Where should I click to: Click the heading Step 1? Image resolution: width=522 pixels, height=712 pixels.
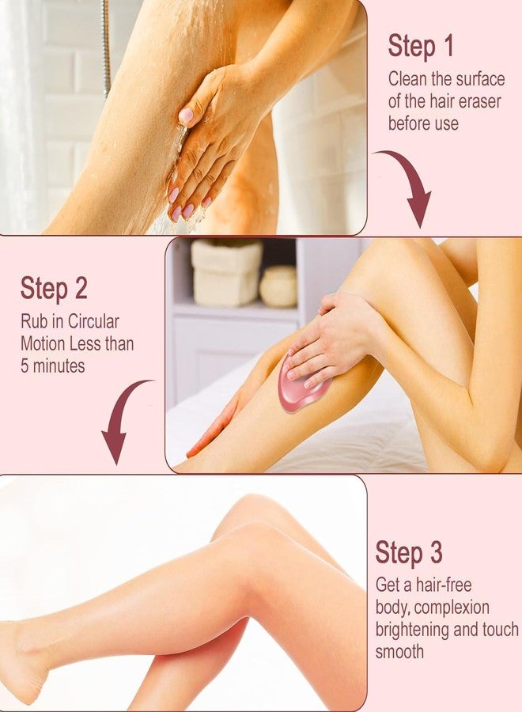point(421,47)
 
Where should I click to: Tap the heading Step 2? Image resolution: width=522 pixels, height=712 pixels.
point(54,289)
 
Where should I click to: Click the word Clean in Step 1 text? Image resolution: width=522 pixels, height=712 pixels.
point(408,80)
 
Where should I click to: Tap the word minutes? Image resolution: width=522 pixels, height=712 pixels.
point(59,366)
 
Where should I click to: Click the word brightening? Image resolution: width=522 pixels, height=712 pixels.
point(417,630)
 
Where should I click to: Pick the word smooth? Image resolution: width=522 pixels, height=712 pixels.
point(399,652)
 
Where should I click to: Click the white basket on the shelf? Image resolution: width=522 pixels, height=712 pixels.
point(226,272)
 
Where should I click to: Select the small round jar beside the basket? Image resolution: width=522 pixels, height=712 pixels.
point(278,286)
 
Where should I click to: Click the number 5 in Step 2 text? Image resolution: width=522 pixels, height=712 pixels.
point(25,366)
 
